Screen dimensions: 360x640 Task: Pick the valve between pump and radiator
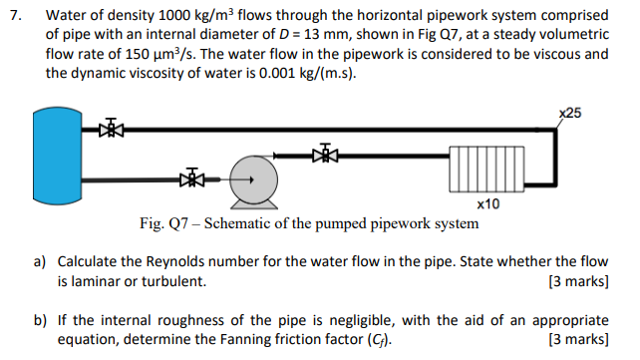(x=325, y=155)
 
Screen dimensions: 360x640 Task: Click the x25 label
(x=571, y=112)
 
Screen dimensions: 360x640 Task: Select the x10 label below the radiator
(x=488, y=203)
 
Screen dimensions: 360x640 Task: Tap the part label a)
(x=43, y=261)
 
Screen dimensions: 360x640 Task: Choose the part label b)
(x=43, y=321)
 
